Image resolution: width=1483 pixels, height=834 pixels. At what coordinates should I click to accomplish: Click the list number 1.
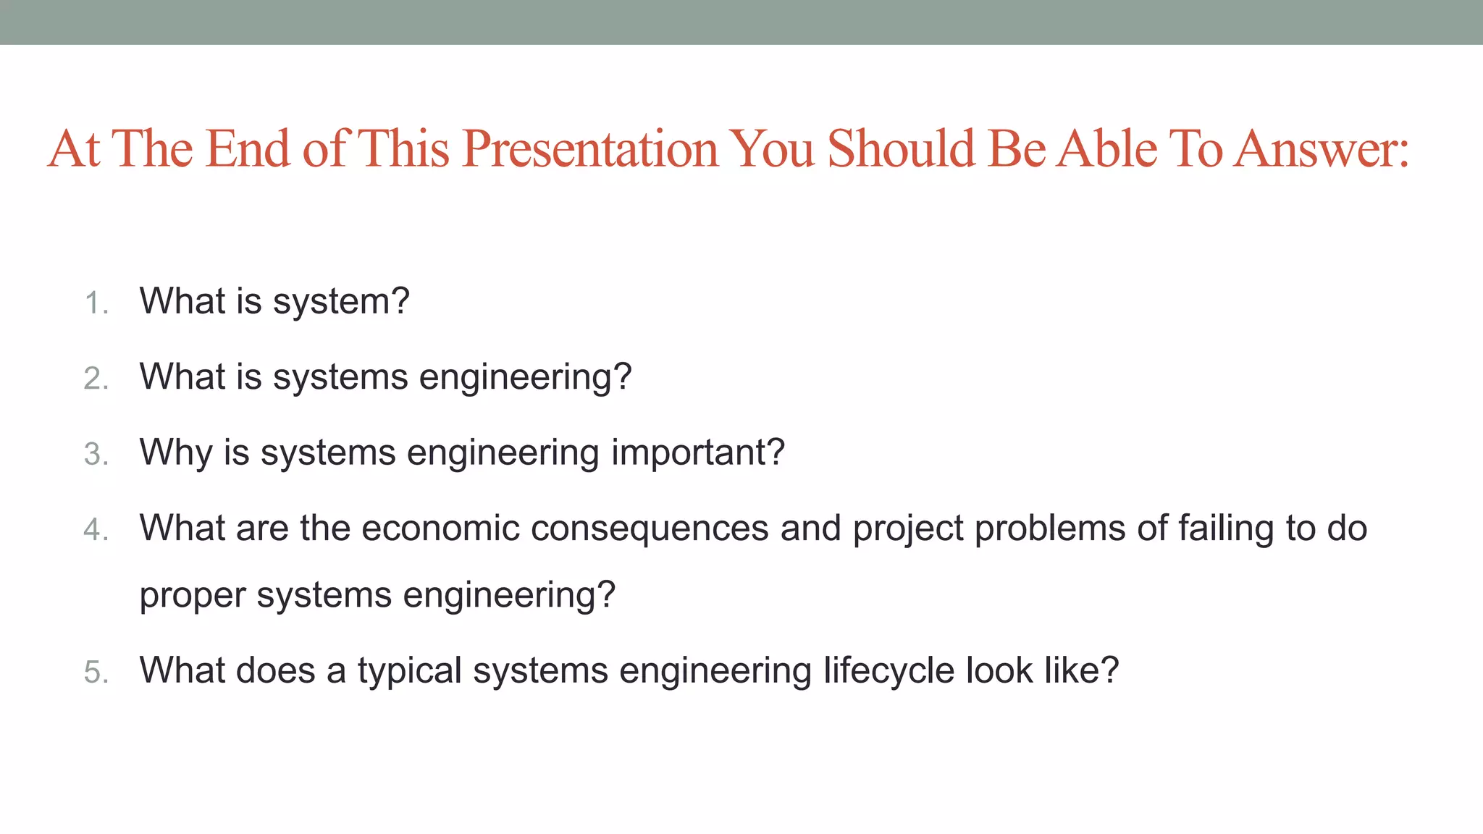pos(96,303)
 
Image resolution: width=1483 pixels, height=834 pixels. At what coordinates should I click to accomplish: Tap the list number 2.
pos(96,379)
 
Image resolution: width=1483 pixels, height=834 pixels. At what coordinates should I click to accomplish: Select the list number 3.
pos(96,455)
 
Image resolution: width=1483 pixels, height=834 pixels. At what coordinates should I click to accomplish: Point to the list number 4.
pos(96,530)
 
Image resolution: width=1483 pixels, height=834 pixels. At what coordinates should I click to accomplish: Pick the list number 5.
pos(96,672)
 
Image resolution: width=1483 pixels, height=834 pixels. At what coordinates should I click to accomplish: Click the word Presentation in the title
pos(590,149)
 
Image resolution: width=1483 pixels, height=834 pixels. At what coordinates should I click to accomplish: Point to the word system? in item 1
pos(341,302)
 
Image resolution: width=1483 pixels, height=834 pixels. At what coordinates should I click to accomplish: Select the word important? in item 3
pos(698,453)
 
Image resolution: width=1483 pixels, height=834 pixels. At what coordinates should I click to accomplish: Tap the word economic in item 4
pos(440,528)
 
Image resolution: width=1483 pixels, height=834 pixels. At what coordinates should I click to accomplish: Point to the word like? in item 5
pos(1081,670)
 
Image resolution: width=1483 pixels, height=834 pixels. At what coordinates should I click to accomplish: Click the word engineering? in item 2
pos(525,377)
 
